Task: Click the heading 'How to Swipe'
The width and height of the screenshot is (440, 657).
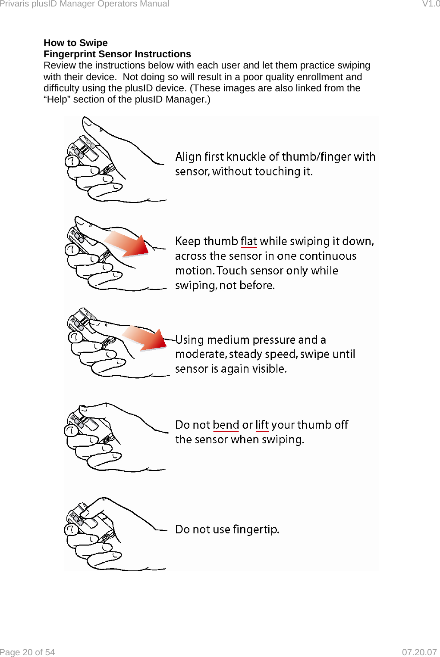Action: (x=75, y=43)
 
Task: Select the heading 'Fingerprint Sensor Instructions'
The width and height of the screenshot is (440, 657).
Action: (x=117, y=54)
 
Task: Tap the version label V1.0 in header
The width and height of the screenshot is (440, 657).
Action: (x=431, y=4)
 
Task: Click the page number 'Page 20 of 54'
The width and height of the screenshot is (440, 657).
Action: (x=28, y=652)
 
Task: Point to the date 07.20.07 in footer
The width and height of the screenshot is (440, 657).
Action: (x=419, y=652)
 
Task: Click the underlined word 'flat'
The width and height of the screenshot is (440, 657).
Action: (x=248, y=241)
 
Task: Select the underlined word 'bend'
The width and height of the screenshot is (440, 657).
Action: (x=226, y=425)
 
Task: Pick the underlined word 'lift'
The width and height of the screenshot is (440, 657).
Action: (x=262, y=425)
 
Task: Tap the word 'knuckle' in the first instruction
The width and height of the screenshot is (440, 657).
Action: (x=246, y=157)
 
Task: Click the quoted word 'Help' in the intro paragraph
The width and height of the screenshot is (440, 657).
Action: (x=57, y=100)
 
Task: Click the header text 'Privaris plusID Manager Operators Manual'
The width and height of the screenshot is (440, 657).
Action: (x=85, y=4)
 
